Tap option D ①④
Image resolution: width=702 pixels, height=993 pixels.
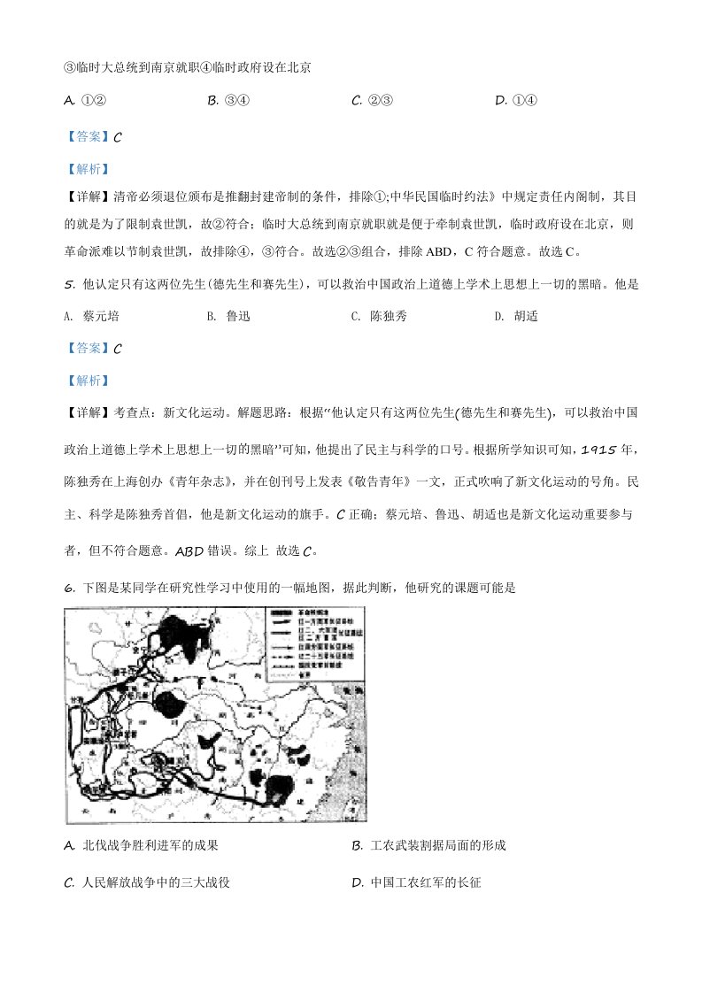click(516, 100)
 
